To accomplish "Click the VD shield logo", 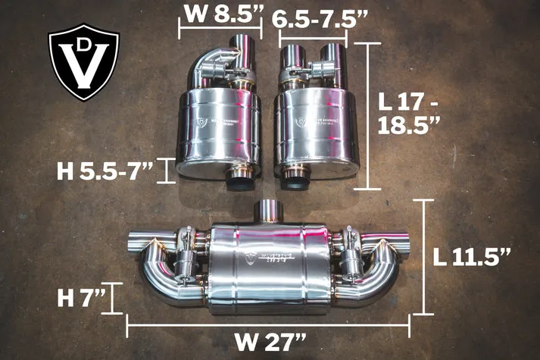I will [84, 62].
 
